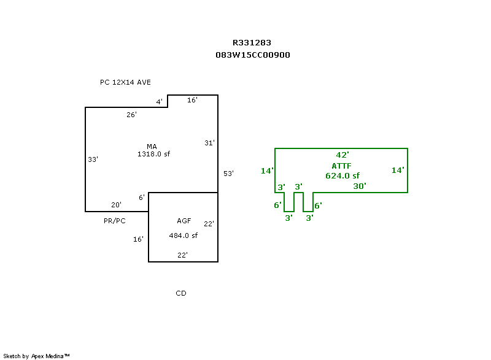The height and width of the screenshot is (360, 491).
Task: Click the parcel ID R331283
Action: click(x=252, y=42)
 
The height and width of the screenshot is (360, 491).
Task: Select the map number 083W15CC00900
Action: click(x=253, y=55)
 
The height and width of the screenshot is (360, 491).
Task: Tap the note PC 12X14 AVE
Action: click(x=125, y=82)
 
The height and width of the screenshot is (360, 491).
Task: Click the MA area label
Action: click(x=152, y=147)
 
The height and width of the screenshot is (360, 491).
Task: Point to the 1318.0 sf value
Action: click(x=154, y=154)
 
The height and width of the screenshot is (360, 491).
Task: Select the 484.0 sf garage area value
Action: click(x=184, y=236)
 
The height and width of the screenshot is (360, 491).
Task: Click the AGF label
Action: click(x=184, y=221)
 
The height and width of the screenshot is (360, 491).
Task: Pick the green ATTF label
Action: click(x=342, y=166)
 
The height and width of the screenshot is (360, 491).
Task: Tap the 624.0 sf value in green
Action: click(x=342, y=176)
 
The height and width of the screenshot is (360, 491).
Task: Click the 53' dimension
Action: click(x=228, y=174)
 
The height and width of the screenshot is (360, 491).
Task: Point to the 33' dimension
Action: click(x=93, y=159)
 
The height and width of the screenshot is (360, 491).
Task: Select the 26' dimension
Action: click(x=131, y=115)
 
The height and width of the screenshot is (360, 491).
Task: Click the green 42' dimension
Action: click(x=342, y=155)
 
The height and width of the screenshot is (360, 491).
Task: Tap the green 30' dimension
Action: click(x=360, y=186)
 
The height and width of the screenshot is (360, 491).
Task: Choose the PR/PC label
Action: click(x=115, y=221)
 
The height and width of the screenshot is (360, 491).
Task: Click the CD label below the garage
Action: click(x=181, y=293)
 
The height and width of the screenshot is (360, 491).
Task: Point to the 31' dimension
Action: click(x=209, y=143)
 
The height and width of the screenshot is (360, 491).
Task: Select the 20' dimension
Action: click(x=116, y=205)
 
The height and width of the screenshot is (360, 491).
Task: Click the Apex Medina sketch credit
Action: click(x=36, y=356)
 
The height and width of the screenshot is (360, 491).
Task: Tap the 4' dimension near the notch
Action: click(x=160, y=102)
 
